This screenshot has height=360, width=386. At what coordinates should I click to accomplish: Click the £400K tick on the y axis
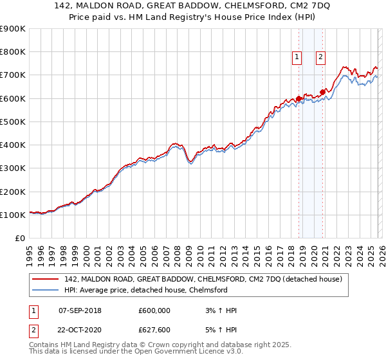(13, 145)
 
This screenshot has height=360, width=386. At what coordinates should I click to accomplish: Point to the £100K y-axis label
(13, 215)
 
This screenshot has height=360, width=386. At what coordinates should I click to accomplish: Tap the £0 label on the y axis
(19, 238)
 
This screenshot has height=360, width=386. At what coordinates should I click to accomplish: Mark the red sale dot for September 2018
(299, 98)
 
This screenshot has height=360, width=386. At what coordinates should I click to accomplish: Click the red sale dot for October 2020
(322, 92)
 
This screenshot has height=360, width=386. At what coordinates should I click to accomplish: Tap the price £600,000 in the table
(154, 310)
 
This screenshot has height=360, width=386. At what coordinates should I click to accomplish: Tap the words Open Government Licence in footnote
(194, 352)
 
